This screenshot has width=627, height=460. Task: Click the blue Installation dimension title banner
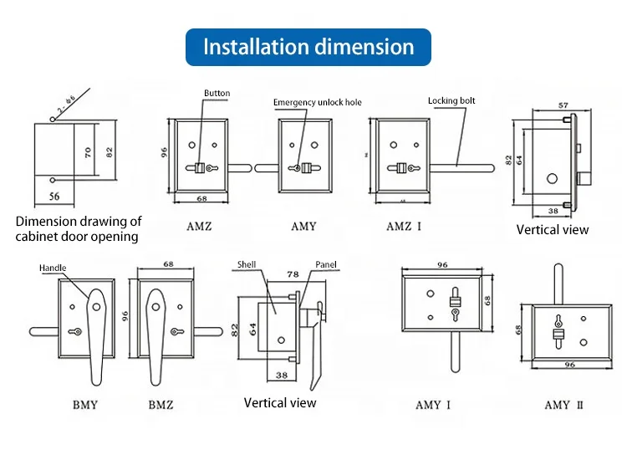(x=308, y=46)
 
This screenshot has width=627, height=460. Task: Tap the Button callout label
(x=217, y=93)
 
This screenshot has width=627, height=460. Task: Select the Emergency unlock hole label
(x=318, y=102)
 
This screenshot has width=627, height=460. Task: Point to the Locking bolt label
(x=451, y=100)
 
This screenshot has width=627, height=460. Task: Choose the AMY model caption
(x=303, y=227)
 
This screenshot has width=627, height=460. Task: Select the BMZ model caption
(x=161, y=405)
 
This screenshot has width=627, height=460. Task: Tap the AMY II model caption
(x=557, y=405)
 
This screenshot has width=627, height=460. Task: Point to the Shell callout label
(x=246, y=264)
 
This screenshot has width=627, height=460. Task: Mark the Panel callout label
(x=325, y=264)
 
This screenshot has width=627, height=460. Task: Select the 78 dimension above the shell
(x=293, y=274)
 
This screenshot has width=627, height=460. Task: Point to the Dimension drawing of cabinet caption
(x=79, y=228)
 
